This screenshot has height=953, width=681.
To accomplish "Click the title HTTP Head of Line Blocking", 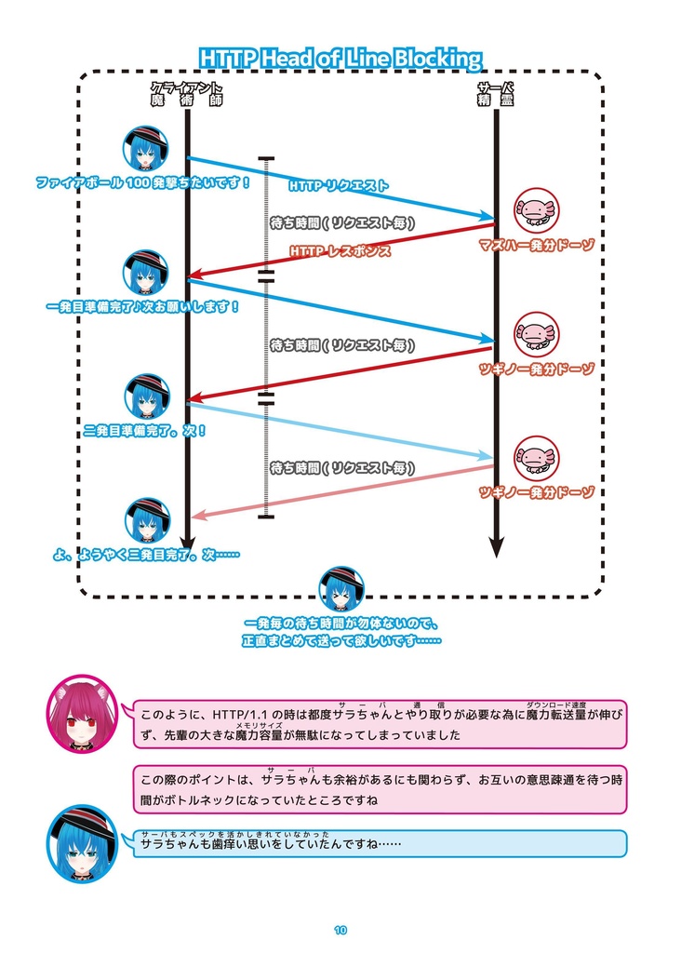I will coord(340,59).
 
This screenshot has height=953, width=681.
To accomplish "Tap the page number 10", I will coord(340,929).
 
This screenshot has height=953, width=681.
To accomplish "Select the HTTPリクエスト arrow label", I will coord(339,186).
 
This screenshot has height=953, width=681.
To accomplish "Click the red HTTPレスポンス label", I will coord(340,251).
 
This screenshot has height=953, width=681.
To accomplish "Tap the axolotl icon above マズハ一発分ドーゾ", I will coord(537,211).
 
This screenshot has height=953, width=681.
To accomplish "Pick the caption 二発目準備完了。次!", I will coord(144,431).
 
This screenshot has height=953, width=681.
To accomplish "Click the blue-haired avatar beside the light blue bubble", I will coord(82,843).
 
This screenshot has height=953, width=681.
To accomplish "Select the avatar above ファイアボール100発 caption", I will coord(146,148).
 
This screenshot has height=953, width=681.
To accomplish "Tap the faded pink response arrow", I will coord(344,490).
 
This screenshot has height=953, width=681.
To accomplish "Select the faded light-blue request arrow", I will coord(340,430).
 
